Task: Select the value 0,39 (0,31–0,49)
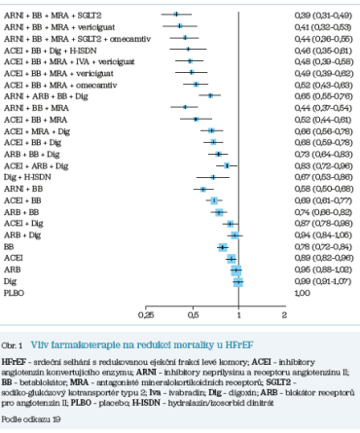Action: click(320, 16)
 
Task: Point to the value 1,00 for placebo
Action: click(303, 292)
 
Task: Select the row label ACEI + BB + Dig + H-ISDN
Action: click(43, 48)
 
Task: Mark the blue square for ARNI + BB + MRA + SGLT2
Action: click(176, 16)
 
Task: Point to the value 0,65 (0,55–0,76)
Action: click(320, 95)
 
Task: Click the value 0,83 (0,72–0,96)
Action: click(320, 165)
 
